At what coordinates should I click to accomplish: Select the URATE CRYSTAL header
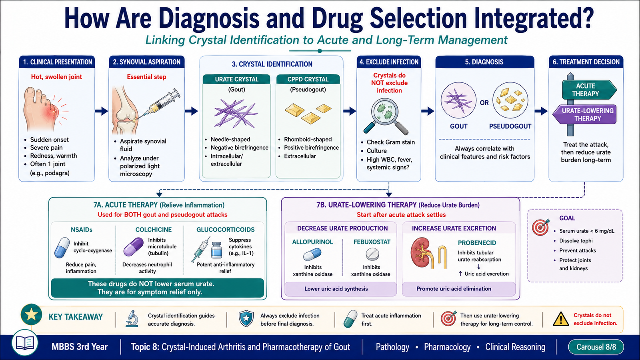tap(236, 79)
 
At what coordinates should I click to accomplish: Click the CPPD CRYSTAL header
tap(308, 79)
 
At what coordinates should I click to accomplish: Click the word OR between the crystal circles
tap(484, 103)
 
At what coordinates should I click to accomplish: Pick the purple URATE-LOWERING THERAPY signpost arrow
tap(584, 114)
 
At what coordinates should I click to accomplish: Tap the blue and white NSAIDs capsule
tap(62, 248)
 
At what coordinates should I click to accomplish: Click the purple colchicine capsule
tap(134, 246)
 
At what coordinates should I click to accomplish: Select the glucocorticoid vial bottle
tap(216, 250)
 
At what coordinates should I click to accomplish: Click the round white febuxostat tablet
tap(372, 254)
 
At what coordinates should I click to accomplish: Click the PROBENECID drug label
tap(477, 243)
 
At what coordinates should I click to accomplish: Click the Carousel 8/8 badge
tap(596, 347)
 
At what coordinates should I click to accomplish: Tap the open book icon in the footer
tap(25, 342)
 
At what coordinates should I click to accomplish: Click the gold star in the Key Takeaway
tap(32, 314)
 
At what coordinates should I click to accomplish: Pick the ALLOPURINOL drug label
tap(312, 242)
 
